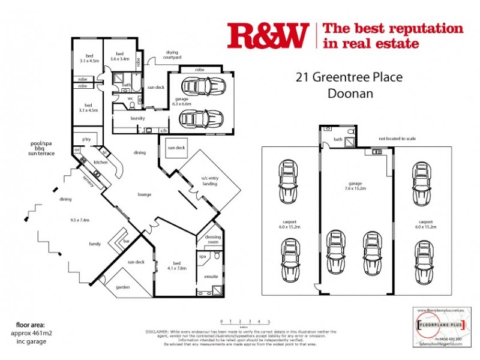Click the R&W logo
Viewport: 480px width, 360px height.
[268, 35]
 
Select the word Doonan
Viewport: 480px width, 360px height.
[350, 94]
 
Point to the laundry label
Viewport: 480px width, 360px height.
[137, 118]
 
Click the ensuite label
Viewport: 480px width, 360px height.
[210, 277]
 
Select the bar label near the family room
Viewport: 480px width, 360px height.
[126, 241]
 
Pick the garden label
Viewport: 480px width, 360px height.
[123, 287]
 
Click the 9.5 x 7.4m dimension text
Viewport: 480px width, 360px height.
[79, 220]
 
